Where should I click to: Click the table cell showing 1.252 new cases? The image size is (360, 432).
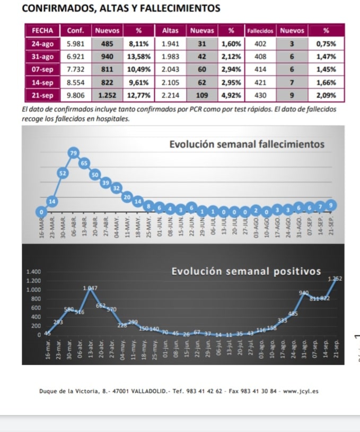(107, 96)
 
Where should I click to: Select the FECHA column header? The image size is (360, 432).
(42, 31)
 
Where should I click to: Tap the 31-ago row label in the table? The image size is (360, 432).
(42, 56)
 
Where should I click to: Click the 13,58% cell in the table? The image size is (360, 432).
(140, 56)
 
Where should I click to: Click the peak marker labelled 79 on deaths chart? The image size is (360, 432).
(74, 153)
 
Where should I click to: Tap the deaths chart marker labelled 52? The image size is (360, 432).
(63, 173)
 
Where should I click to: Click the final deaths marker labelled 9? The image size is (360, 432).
(332, 205)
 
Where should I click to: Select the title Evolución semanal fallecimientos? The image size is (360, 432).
(247, 144)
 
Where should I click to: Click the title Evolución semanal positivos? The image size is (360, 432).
(247, 271)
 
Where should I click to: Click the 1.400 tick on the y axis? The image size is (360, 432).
(33, 272)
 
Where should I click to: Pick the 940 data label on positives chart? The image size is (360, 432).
(304, 293)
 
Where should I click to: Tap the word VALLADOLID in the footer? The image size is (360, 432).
(139, 392)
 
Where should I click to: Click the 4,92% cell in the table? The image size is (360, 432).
(231, 96)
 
